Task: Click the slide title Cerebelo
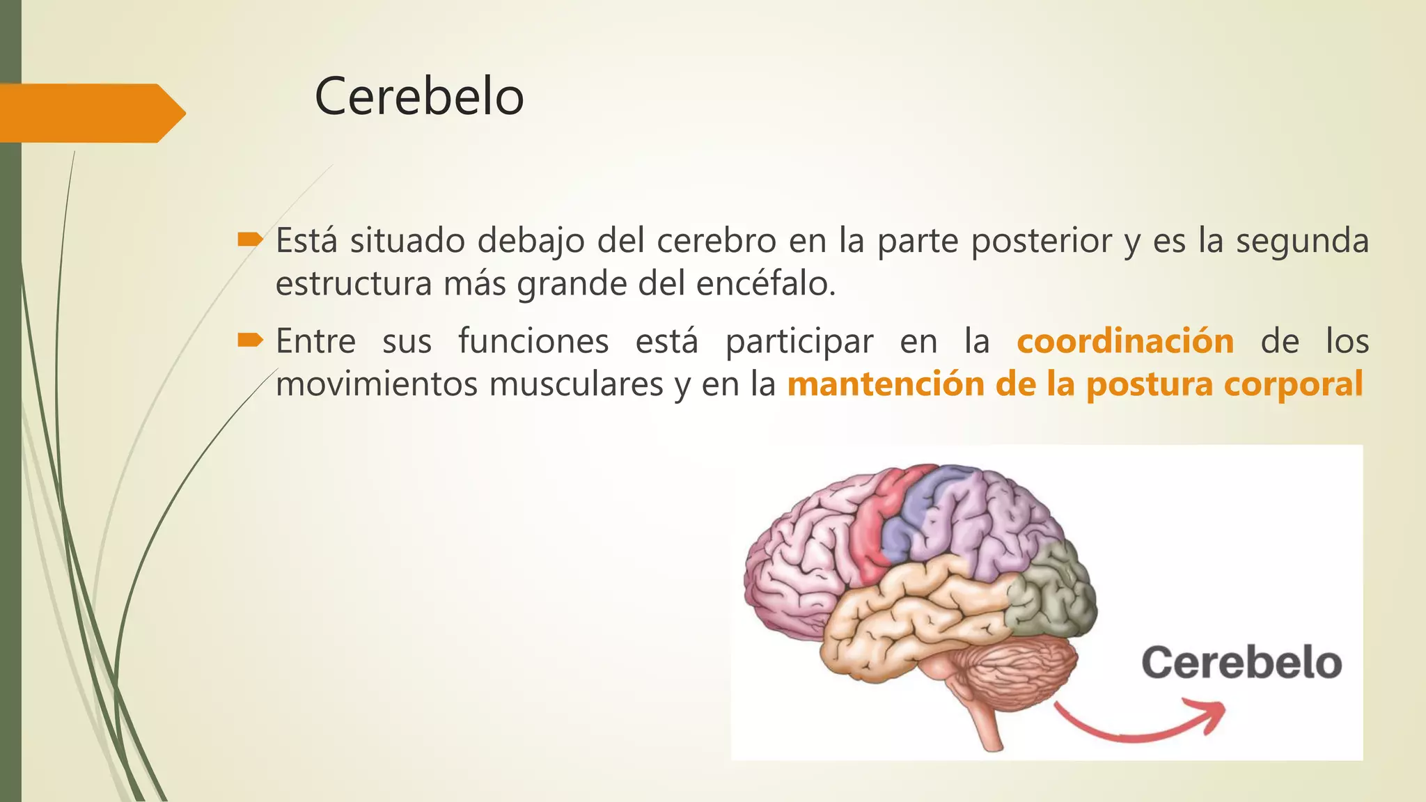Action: coord(418,97)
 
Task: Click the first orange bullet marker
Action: coord(249,241)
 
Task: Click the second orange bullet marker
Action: coord(249,340)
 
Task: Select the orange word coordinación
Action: coord(1125,341)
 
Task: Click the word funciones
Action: coord(533,341)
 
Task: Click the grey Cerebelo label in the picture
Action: coord(1241,662)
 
